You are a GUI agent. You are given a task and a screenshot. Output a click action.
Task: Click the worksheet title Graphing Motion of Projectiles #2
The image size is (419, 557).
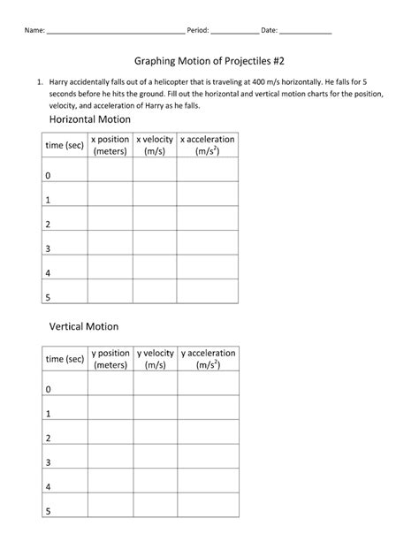click(209, 62)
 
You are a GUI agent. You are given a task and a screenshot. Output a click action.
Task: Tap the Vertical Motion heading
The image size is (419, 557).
click(83, 326)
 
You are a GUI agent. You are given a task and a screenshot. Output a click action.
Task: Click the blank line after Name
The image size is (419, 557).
click(115, 30)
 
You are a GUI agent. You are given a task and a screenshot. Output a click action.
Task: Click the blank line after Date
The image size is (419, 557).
click(306, 30)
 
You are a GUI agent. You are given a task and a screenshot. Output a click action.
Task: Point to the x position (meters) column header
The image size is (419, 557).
click(110, 145)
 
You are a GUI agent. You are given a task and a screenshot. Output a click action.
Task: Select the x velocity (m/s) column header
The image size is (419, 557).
click(156, 145)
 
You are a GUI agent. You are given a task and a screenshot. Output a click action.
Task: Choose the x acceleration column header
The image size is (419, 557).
click(208, 145)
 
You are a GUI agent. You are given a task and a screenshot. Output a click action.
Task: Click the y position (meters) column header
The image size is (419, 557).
click(110, 358)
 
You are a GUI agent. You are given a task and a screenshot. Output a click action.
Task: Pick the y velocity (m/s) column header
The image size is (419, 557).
click(156, 358)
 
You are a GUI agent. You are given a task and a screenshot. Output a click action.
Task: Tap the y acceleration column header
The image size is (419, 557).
click(208, 358)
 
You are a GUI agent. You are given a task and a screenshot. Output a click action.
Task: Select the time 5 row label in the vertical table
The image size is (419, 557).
click(48, 510)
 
